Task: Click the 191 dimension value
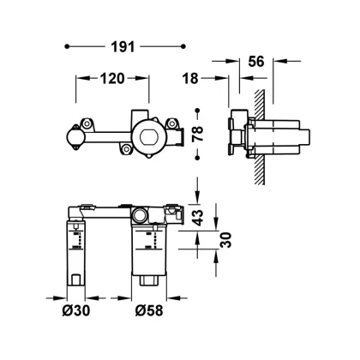(x=123, y=47)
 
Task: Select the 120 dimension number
(x=112, y=79)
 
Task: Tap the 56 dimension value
(x=256, y=62)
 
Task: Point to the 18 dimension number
(x=190, y=78)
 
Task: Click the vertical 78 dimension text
(x=198, y=134)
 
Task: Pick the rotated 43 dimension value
(x=197, y=218)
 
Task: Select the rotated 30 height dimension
(x=225, y=240)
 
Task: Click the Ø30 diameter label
(x=76, y=310)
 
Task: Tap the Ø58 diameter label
(x=149, y=310)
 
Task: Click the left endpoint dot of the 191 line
(x=67, y=46)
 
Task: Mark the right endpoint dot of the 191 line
(x=183, y=46)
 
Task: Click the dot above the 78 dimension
(x=197, y=111)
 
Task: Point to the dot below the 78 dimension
(x=197, y=158)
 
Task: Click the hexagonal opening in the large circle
(x=148, y=136)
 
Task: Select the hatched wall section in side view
(x=260, y=137)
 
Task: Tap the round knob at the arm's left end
(x=75, y=137)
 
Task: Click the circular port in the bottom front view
(x=140, y=215)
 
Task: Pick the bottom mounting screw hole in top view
(x=126, y=148)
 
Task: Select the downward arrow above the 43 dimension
(x=197, y=191)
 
